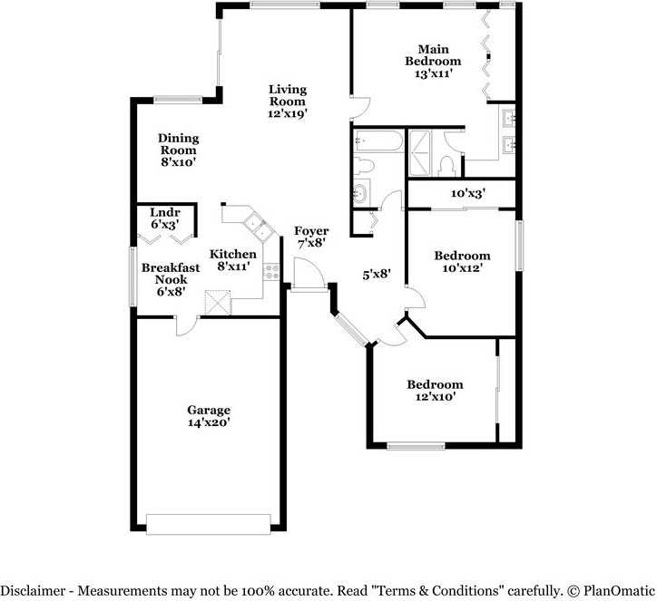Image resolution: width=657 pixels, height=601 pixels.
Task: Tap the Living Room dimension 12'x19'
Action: pos(287,114)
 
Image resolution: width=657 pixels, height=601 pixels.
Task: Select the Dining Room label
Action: pos(179,144)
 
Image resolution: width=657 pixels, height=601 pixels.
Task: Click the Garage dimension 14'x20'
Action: pos(209,422)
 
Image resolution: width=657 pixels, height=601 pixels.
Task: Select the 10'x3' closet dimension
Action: pos(468,193)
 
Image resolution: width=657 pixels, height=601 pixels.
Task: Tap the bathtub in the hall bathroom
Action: pos(376,142)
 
